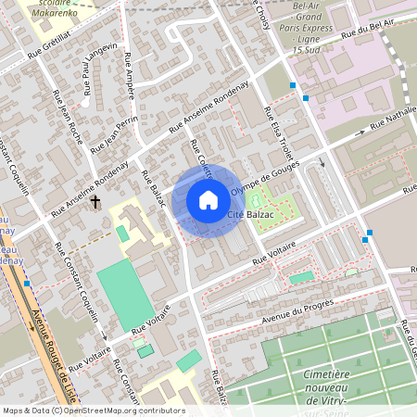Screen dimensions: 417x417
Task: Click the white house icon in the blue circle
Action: coord(208,200)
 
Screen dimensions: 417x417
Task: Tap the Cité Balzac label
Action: coord(250,215)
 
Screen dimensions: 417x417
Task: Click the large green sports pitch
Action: coord(122,295)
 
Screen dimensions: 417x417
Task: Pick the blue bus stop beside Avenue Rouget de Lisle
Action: coord(27,284)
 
